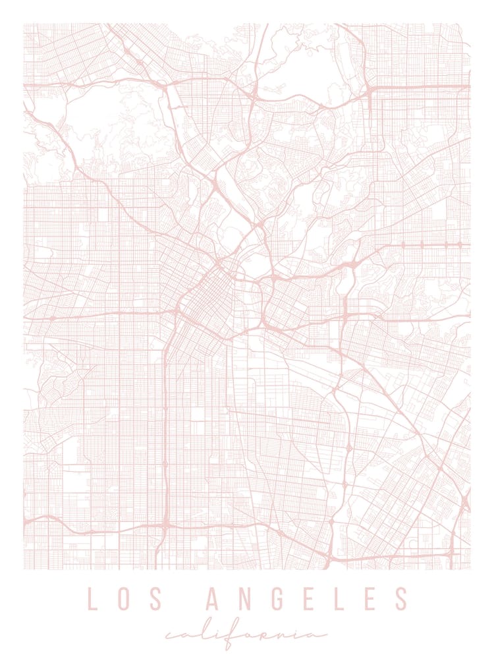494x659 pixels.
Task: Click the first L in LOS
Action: [93, 598]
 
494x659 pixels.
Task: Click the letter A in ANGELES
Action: [215, 598]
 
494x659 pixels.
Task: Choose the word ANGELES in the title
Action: [308, 598]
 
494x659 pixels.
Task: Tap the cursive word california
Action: [247, 635]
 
